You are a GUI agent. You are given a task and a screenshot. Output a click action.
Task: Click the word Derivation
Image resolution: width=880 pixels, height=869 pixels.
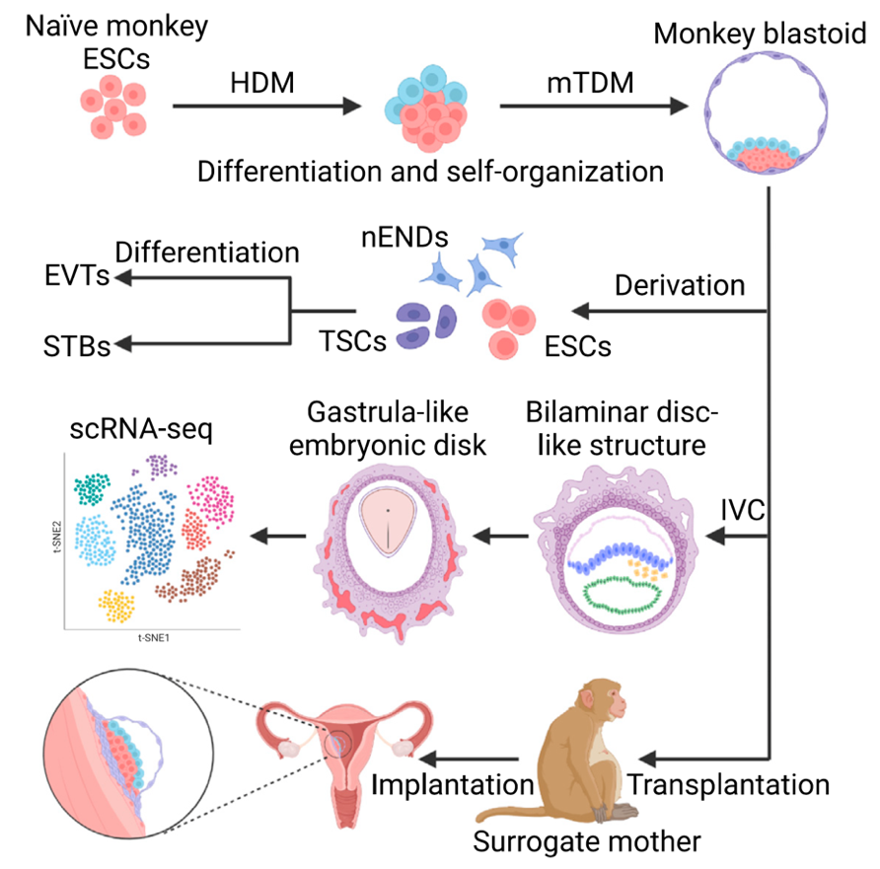click(x=680, y=285)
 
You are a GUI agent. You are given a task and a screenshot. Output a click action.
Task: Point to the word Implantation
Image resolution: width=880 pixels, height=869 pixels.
click(x=452, y=786)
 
